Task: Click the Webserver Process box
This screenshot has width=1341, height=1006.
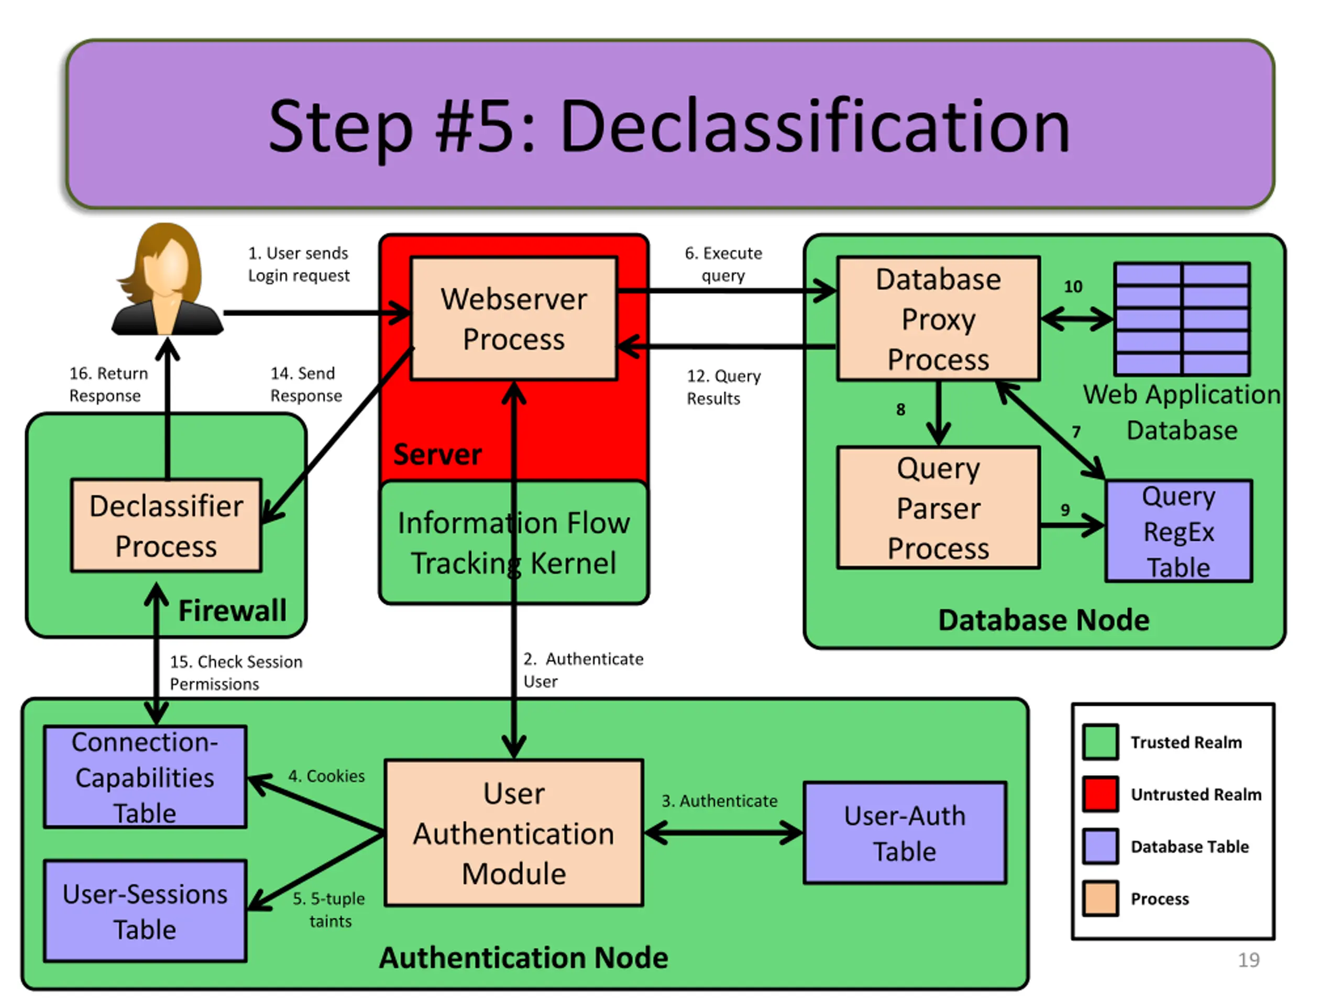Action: [x=513, y=319]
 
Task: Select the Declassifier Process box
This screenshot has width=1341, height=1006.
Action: [x=166, y=525]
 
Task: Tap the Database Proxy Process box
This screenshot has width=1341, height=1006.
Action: [x=939, y=319]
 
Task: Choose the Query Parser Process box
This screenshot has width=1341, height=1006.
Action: [x=939, y=508]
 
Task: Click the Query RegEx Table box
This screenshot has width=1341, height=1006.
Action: [x=1179, y=531]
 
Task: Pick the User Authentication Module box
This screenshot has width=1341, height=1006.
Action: [x=513, y=833]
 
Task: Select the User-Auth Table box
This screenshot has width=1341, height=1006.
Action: [x=905, y=833]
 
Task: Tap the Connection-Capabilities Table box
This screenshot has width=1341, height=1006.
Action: [x=145, y=777]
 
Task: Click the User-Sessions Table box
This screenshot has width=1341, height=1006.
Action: [x=145, y=911]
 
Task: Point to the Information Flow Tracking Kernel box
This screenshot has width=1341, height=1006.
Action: [x=513, y=543]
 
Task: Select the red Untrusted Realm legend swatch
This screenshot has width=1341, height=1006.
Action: [x=1101, y=794]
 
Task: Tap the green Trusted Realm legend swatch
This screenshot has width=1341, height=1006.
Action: [x=1101, y=741]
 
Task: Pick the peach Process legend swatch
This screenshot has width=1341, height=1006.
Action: [x=1101, y=898]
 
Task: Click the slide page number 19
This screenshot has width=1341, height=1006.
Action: [x=1248, y=960]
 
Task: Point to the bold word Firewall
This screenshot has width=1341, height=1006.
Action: [x=232, y=610]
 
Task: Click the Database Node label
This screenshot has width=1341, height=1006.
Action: [x=1043, y=620]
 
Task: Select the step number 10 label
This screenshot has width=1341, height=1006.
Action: [x=1072, y=286]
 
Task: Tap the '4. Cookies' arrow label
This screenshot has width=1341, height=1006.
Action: [x=326, y=775]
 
